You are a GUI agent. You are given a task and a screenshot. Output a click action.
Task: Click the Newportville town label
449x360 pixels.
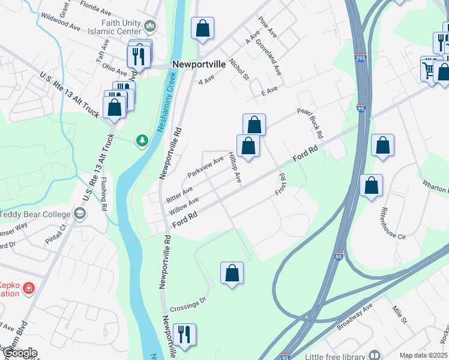pyautogui.click(x=199, y=64)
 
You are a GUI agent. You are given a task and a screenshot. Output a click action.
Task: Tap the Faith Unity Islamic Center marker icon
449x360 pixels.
pyautogui.click(x=150, y=26)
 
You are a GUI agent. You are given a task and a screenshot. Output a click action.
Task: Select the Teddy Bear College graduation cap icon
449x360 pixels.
pyautogui.click(x=79, y=214)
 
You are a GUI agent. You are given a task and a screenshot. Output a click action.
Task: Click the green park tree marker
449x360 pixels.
pyautogui.click(x=142, y=140)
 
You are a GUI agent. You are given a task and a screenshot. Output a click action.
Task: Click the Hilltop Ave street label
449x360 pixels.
pyautogui.click(x=235, y=167)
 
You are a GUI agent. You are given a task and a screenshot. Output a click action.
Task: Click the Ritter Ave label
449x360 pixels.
pyautogui.click(x=179, y=193)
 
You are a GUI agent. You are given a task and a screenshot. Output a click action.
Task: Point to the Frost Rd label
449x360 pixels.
pyautogui.click(x=280, y=184)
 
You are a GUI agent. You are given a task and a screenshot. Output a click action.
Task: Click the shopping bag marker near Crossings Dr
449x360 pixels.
pyautogui.click(x=232, y=273)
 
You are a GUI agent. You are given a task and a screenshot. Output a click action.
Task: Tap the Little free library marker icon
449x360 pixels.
pyautogui.click(x=375, y=355)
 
